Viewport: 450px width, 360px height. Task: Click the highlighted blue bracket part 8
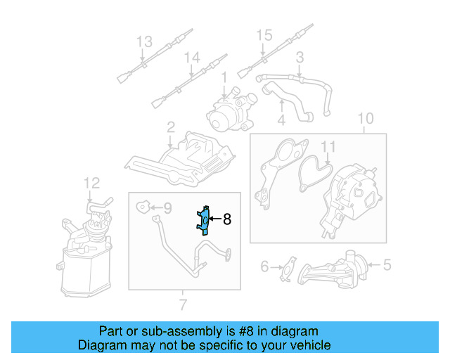coord(202,220)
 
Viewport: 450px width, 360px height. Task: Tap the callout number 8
coord(226,219)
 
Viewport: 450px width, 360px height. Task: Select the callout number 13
coord(143,41)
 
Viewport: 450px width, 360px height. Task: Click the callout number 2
coord(170,127)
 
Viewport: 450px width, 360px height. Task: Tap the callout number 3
coord(300,57)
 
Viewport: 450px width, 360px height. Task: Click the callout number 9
coord(167,207)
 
